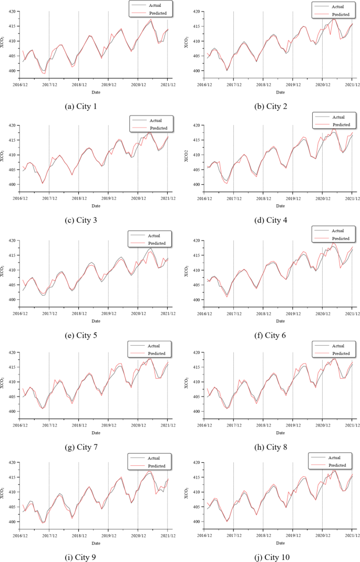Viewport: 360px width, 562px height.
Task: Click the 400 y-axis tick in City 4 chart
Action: [x=197, y=184]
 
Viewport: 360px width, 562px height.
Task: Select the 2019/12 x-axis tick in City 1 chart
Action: [x=108, y=84]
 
